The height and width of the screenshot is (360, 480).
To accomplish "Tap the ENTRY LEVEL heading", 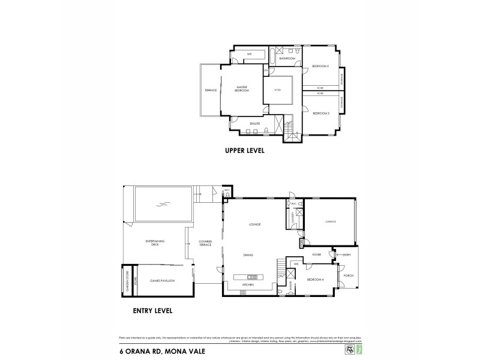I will pyautogui.click(x=152, y=311).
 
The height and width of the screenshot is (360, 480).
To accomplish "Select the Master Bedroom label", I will pyautogui.click(x=241, y=89).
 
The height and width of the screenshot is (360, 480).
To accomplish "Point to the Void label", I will pyautogui.click(x=278, y=90).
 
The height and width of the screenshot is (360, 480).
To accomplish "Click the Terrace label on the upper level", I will pyautogui.click(x=211, y=91).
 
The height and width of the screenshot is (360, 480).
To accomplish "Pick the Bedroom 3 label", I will pyautogui.click(x=321, y=113).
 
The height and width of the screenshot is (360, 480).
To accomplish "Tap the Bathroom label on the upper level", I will pyautogui.click(x=287, y=59).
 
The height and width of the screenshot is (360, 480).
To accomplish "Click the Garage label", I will pyautogui.click(x=331, y=221).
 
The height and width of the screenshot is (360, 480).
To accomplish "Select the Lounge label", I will pyautogui.click(x=254, y=224).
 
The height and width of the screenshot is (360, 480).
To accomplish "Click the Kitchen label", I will pyautogui.click(x=248, y=284).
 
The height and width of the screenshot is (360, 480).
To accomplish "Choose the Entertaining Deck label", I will pyautogui.click(x=155, y=243).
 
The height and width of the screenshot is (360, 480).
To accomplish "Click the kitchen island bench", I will pyautogui.click(x=249, y=277).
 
